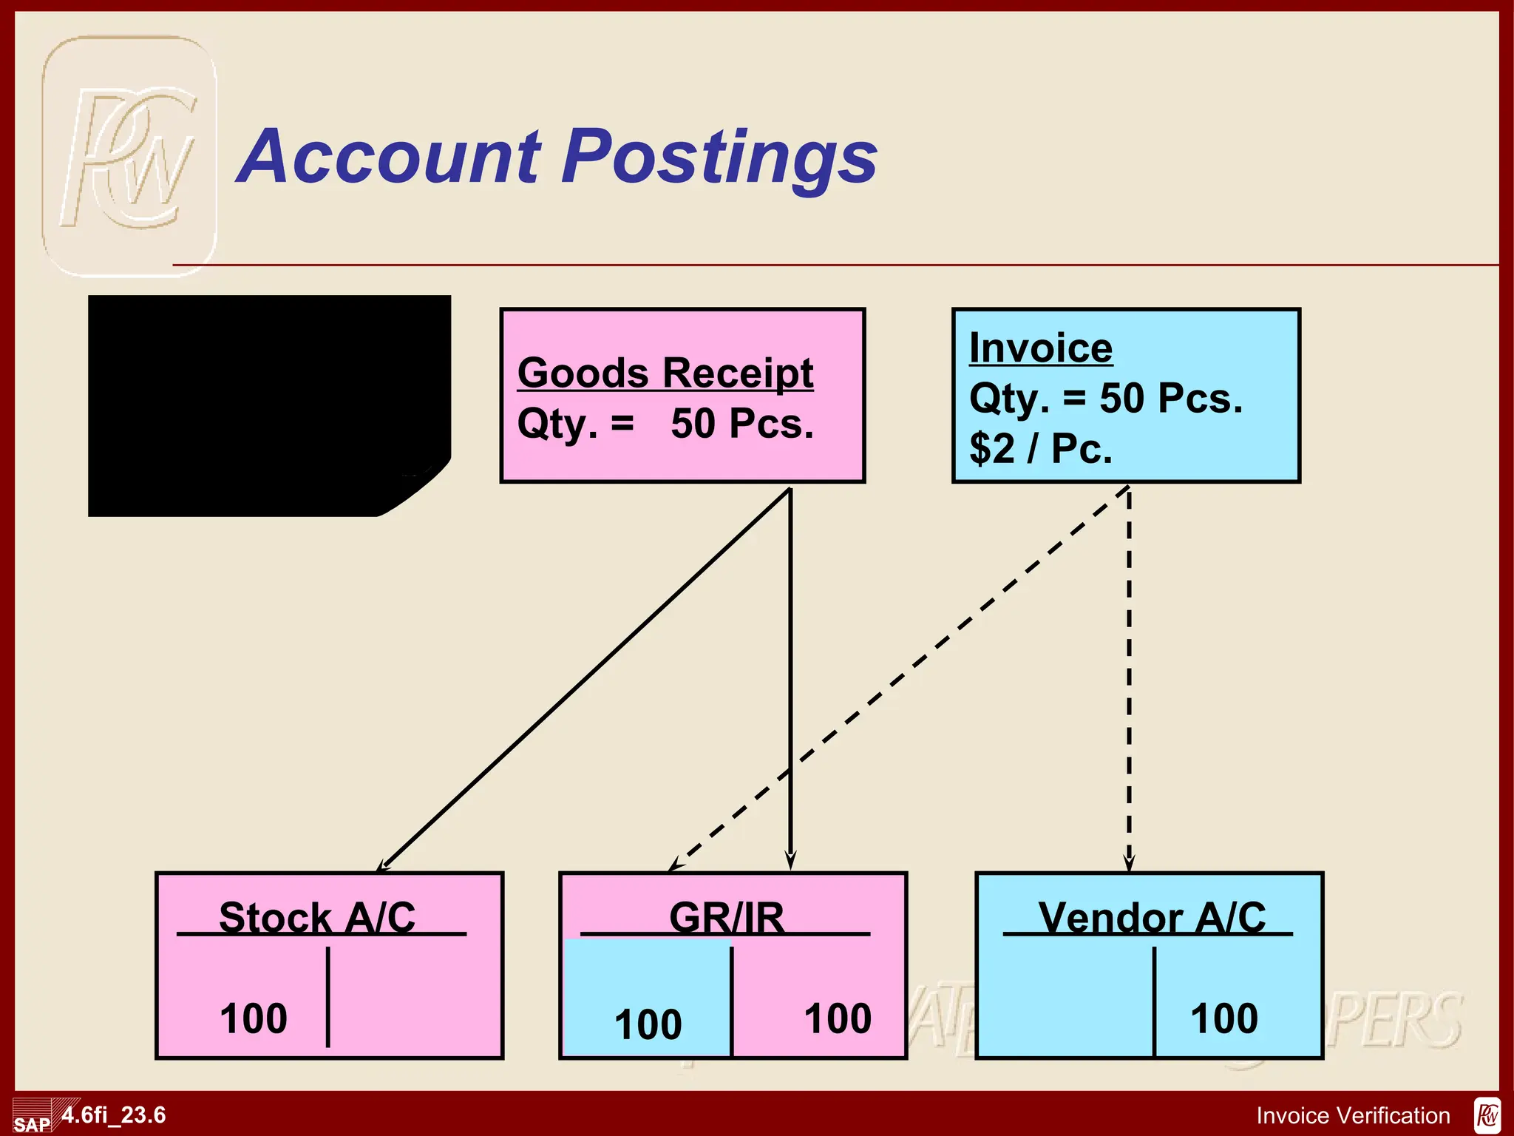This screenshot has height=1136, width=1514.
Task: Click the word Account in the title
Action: [392, 157]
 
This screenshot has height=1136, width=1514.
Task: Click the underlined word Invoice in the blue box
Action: [1040, 348]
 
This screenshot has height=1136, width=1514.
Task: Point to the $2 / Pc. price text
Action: [1040, 448]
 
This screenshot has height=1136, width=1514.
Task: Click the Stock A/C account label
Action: [317, 917]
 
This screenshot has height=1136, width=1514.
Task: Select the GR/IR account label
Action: [726, 917]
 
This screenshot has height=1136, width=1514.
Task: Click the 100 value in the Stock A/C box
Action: [254, 1018]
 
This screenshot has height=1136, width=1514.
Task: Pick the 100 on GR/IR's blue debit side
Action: [648, 1024]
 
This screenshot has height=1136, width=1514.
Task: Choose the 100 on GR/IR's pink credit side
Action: [838, 1018]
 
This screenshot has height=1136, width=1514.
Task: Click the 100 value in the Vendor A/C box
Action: [1223, 1018]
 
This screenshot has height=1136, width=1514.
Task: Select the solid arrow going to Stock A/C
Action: [584, 680]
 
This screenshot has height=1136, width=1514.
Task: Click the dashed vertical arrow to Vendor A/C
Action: [1129, 680]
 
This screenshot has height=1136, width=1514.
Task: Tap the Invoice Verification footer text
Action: [1353, 1115]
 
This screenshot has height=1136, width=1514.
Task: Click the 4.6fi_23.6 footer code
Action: [114, 1115]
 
